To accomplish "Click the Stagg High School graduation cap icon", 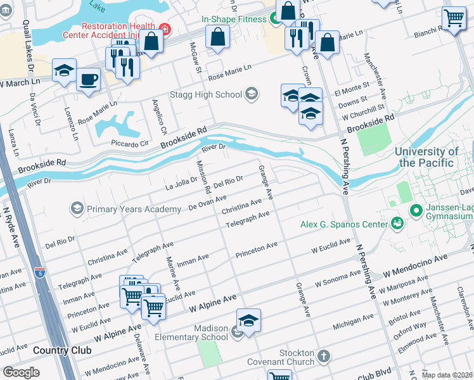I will tap(252, 94).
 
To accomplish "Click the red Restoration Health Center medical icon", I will tap(165, 28).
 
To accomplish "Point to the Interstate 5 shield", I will tap(40, 274).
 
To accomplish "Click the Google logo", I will tap(21, 372).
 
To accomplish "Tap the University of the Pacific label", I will tap(426, 157).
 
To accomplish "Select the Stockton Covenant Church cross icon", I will tap(324, 357).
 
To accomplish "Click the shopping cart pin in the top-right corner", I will tap(454, 19).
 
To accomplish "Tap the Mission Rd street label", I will tap(203, 177).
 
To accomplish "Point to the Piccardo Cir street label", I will tap(129, 143).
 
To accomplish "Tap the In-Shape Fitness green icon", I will tap(276, 19).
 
